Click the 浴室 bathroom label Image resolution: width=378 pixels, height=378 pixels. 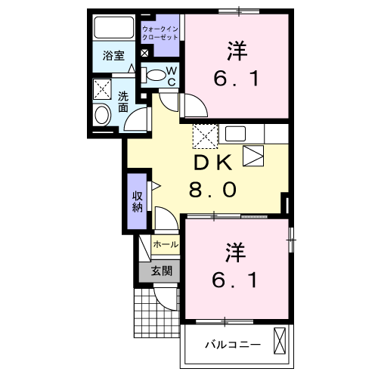coord(113,55)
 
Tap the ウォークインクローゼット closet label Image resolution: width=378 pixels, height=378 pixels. coord(160,33)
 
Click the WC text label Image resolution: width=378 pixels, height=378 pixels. coord(171,76)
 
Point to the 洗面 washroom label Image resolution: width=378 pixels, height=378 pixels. coord(123,102)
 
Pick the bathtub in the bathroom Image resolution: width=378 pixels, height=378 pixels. coord(114,29)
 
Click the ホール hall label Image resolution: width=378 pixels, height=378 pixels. coord(166,245)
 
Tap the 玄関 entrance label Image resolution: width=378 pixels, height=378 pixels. coord(160,271)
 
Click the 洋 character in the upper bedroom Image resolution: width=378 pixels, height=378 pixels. coord(236,51)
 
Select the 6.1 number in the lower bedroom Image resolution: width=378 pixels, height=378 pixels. coord(236,280)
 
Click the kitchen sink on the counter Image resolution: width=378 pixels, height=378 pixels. coord(234,135)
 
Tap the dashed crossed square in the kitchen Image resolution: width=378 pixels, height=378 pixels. coord(205,138)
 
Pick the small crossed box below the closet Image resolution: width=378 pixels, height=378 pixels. coord(144,54)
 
